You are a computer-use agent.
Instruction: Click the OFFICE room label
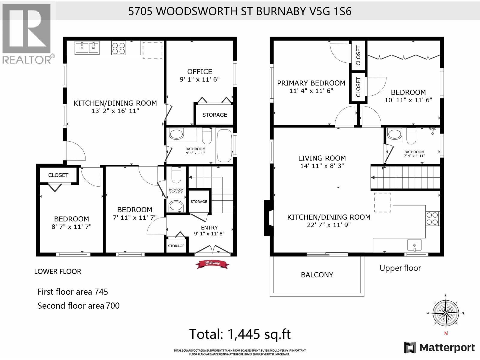click(199, 72)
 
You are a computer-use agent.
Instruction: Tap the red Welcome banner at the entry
click(212, 263)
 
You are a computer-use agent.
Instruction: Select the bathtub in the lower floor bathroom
click(224, 145)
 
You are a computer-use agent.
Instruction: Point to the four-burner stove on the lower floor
click(118, 48)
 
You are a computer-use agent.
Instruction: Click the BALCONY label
click(317, 275)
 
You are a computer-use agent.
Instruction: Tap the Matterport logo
click(439, 347)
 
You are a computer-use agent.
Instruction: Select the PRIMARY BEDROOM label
click(311, 83)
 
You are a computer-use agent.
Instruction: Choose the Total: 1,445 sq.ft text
click(240, 334)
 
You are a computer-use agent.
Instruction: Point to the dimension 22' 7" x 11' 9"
click(329, 225)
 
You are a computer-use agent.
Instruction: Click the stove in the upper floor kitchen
click(432, 218)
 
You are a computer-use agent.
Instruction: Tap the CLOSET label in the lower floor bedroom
click(58, 175)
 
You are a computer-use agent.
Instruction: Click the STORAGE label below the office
click(214, 115)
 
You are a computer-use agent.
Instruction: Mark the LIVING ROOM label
click(322, 158)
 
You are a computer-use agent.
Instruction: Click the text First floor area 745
click(73, 292)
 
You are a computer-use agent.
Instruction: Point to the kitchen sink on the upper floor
click(414, 245)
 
